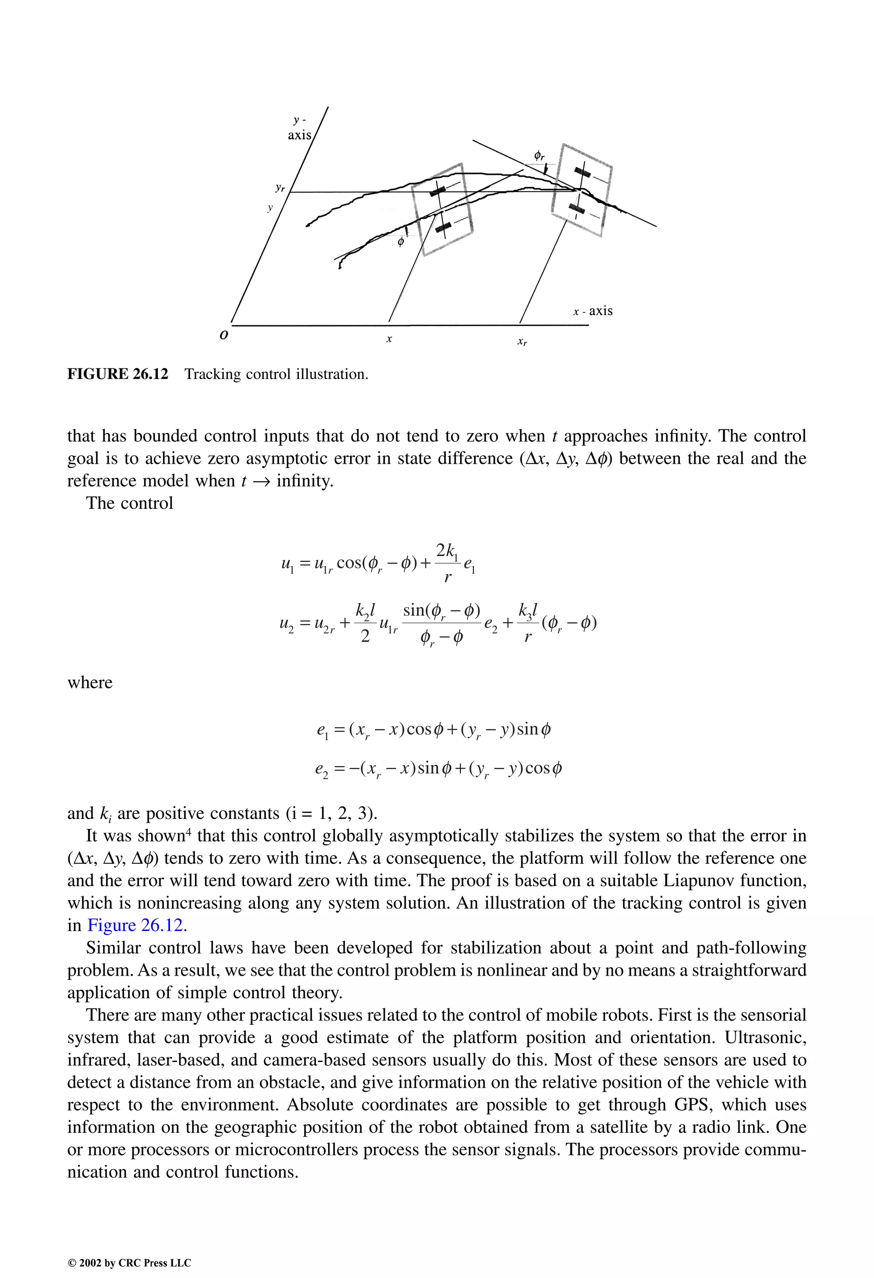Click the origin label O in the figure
pos(223,335)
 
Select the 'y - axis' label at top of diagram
pos(300,128)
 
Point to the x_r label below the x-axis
pos(522,342)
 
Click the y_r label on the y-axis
pos(280,188)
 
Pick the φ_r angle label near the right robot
pos(539,156)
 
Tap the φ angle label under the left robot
pos(401,241)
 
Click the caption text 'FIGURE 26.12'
pos(118,374)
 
